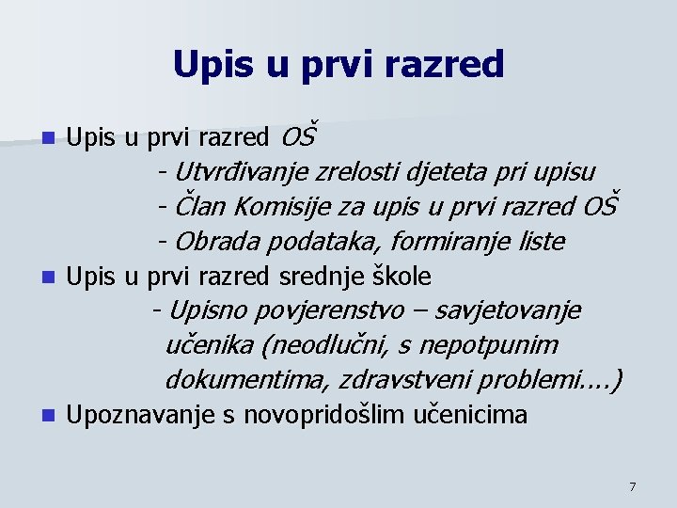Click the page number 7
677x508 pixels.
[x=632, y=486]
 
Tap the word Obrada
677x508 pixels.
[x=217, y=241]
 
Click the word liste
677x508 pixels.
[x=542, y=241]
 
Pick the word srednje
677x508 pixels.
[x=319, y=277]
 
